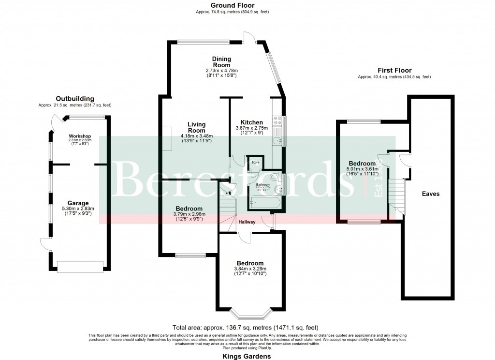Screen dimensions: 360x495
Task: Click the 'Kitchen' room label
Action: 252,122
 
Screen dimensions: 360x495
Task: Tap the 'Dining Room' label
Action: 221,62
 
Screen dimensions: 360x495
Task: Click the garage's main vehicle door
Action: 80,265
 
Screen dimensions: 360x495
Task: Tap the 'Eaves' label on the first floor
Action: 430,194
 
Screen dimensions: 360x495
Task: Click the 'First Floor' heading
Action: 394,70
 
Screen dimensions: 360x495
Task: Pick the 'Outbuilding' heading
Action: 75,99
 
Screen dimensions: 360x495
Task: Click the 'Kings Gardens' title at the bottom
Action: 247,356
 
